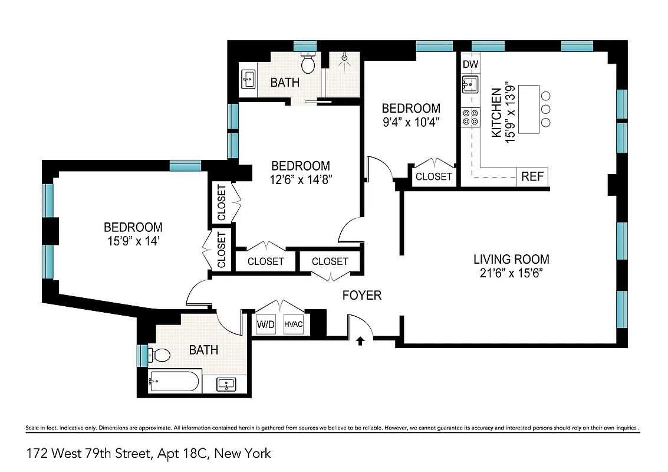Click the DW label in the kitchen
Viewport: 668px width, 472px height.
(x=469, y=64)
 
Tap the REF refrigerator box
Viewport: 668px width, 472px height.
(x=533, y=176)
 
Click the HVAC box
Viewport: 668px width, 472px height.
(x=294, y=324)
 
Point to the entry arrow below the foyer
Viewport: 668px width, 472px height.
(x=361, y=340)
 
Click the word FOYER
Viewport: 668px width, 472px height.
(x=362, y=295)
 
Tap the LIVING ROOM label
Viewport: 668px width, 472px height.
(x=511, y=259)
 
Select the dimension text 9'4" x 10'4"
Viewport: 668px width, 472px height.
(x=411, y=122)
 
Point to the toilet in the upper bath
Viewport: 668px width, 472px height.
(x=308, y=62)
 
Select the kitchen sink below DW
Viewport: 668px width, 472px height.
(x=470, y=85)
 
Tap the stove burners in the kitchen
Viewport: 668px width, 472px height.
(x=470, y=117)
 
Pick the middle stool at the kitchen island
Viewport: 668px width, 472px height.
(x=546, y=109)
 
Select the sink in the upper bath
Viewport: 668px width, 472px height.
(x=248, y=78)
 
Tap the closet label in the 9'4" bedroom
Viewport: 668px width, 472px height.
(x=434, y=176)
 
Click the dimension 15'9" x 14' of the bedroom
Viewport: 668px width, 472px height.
(x=133, y=240)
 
